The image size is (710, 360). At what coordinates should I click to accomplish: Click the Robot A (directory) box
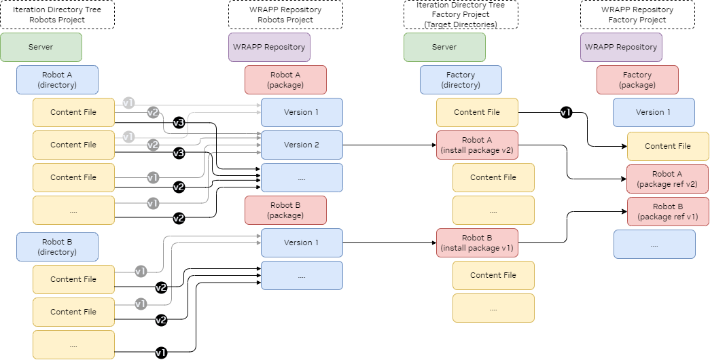pyautogui.click(x=57, y=79)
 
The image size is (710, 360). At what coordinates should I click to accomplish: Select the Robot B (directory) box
pyautogui.click(x=57, y=247)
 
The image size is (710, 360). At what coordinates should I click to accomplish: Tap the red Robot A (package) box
pyautogui.click(x=285, y=79)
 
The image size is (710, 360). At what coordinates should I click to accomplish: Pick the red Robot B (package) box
pyautogui.click(x=285, y=210)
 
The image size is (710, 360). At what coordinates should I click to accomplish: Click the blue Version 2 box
pyautogui.click(x=302, y=145)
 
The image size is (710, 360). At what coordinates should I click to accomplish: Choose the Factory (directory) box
pyautogui.click(x=461, y=79)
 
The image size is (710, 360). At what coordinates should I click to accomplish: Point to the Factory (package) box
pyautogui.click(x=637, y=79)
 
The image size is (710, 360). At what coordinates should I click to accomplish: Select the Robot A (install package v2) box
pyautogui.click(x=477, y=145)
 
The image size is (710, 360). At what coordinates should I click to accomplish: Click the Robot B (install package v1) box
pyautogui.click(x=477, y=242)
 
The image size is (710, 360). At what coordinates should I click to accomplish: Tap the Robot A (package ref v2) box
pyautogui.click(x=667, y=179)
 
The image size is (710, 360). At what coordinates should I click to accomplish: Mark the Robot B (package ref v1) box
pyautogui.click(x=667, y=211)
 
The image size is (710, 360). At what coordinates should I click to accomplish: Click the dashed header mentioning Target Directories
pyautogui.click(x=461, y=14)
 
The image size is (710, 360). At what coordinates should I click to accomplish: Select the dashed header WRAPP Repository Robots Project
pyautogui.click(x=285, y=14)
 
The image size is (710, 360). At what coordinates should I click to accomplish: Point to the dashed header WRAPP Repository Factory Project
pyautogui.click(x=637, y=14)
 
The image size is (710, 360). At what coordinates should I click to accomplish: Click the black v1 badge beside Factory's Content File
pyautogui.click(x=565, y=113)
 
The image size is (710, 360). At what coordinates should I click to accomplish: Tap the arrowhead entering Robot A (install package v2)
pyautogui.click(x=433, y=145)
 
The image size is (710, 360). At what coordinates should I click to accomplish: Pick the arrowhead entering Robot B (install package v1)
pyautogui.click(x=433, y=242)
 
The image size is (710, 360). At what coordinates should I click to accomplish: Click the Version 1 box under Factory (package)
pyautogui.click(x=654, y=112)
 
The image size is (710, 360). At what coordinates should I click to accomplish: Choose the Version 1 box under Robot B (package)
pyautogui.click(x=302, y=242)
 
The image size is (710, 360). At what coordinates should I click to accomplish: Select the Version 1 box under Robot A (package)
pyautogui.click(x=302, y=112)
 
